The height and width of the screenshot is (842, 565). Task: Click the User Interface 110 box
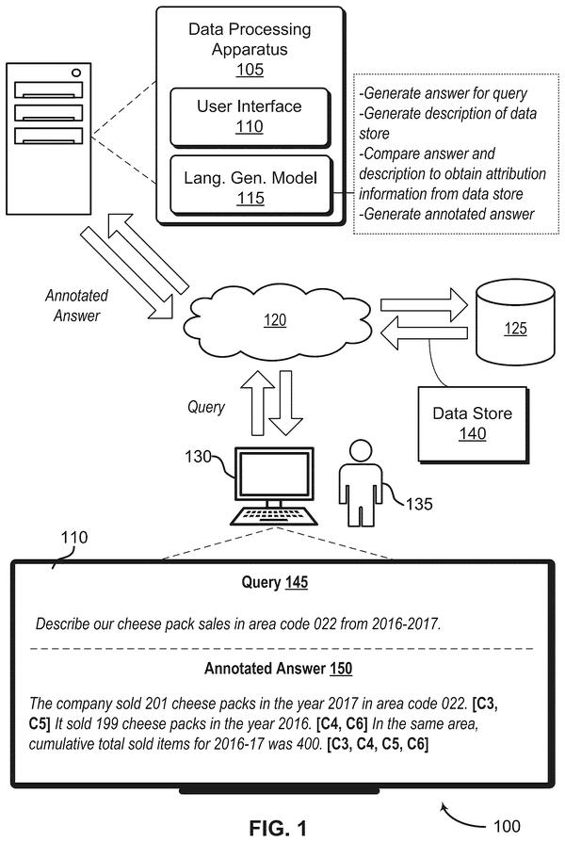click(250, 117)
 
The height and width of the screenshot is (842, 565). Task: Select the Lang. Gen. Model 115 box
click(250, 186)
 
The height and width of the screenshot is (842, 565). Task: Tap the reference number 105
click(250, 70)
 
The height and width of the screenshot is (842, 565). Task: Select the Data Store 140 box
click(473, 424)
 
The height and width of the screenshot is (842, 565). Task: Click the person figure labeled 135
click(360, 482)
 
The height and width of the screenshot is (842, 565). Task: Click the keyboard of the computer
click(274, 515)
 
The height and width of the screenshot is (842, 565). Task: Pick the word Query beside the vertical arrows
click(205, 407)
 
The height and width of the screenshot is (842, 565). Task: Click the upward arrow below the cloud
click(257, 402)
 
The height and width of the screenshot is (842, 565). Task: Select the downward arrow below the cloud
click(286, 402)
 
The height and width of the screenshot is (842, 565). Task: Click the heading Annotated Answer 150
click(278, 669)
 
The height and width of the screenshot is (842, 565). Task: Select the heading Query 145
click(274, 582)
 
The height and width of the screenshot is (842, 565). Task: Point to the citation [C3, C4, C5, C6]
click(378, 744)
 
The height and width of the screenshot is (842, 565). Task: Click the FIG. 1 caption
click(278, 828)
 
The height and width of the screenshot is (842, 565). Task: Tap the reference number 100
click(507, 826)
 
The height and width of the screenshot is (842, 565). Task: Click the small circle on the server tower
click(76, 73)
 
